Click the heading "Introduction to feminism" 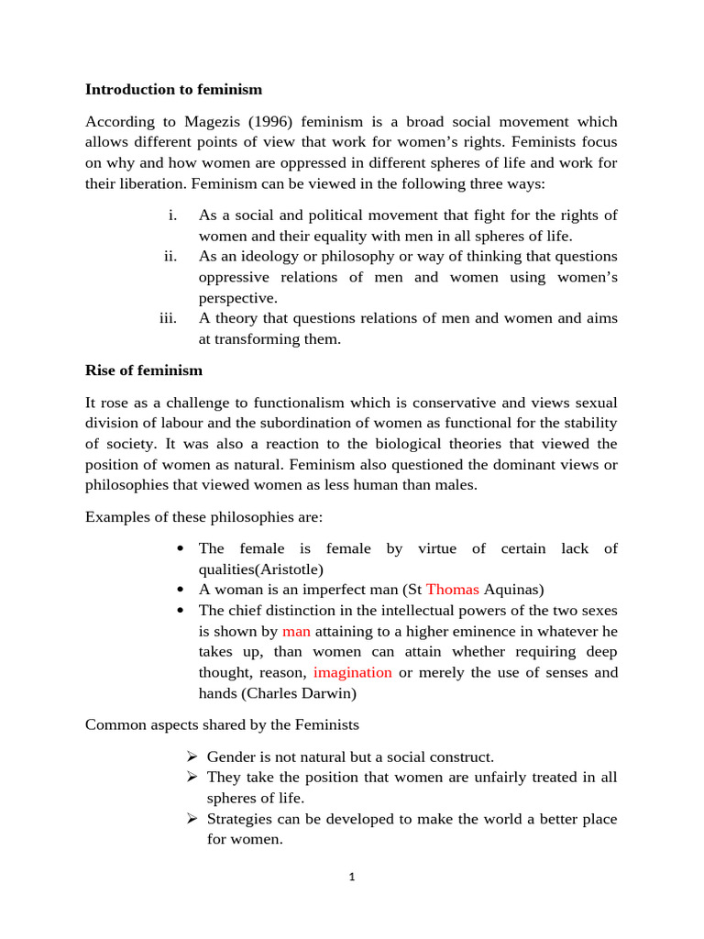pyautogui.click(x=173, y=89)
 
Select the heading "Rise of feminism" pyautogui.click(x=144, y=370)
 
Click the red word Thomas pyautogui.click(x=453, y=590)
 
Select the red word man pyautogui.click(x=296, y=631)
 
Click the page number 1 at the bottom pyautogui.click(x=351, y=877)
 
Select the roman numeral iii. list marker pyautogui.click(x=167, y=318)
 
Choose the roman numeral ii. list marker pyautogui.click(x=170, y=256)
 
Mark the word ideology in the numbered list pyautogui.click(x=271, y=256)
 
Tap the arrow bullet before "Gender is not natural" pyautogui.click(x=192, y=757)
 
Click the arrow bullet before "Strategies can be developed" pyautogui.click(x=192, y=819)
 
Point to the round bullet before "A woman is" pyautogui.click(x=181, y=590)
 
